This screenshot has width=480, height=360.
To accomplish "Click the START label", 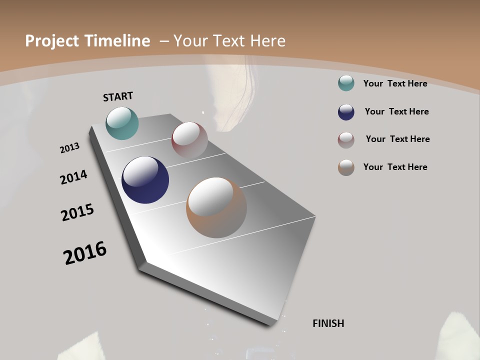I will click(118, 96).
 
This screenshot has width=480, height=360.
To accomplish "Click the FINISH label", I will click(328, 323).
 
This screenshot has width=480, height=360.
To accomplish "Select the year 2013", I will click(69, 148).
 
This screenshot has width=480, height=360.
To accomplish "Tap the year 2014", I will click(73, 177).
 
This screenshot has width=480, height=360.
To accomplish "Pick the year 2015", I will click(77, 212).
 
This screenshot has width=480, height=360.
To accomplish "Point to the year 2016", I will click(85, 253).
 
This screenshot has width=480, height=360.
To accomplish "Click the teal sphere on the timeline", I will click(122, 123).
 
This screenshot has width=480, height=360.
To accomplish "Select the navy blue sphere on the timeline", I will click(145, 180).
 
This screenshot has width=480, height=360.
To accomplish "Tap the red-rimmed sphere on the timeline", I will click(189, 140).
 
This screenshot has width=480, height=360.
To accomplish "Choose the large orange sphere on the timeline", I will click(216, 207).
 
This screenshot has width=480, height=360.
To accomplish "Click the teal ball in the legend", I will click(346, 83).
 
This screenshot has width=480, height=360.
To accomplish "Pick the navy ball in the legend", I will click(346, 112).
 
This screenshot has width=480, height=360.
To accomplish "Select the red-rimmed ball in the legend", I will click(346, 140).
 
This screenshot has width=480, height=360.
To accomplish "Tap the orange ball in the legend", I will click(346, 167).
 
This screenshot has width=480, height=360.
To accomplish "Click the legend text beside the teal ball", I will click(395, 83).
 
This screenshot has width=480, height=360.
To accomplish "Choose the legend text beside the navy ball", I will click(396, 111).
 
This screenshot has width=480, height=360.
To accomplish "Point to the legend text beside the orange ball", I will click(395, 167).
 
